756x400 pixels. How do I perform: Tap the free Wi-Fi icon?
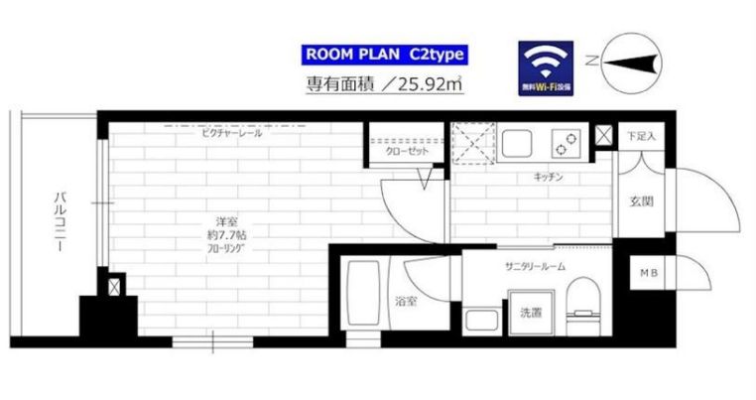[545, 67]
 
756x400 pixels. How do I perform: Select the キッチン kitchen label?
[549, 178]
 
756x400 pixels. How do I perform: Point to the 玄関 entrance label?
[640, 202]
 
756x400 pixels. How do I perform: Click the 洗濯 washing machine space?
[531, 314]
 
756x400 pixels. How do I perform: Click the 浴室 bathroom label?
[404, 302]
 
